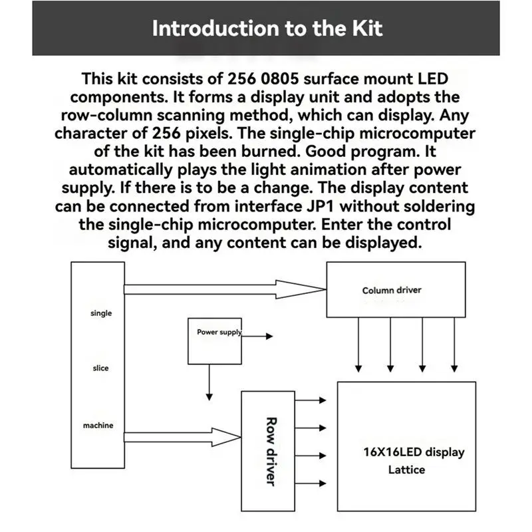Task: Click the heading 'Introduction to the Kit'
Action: [267, 29]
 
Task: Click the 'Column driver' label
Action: [392, 290]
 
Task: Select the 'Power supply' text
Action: [219, 332]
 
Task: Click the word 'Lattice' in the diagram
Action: [406, 469]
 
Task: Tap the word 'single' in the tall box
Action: [101, 313]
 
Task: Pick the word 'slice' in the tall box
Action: [100, 368]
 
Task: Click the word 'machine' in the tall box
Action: [98, 425]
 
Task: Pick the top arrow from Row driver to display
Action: [311, 400]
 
